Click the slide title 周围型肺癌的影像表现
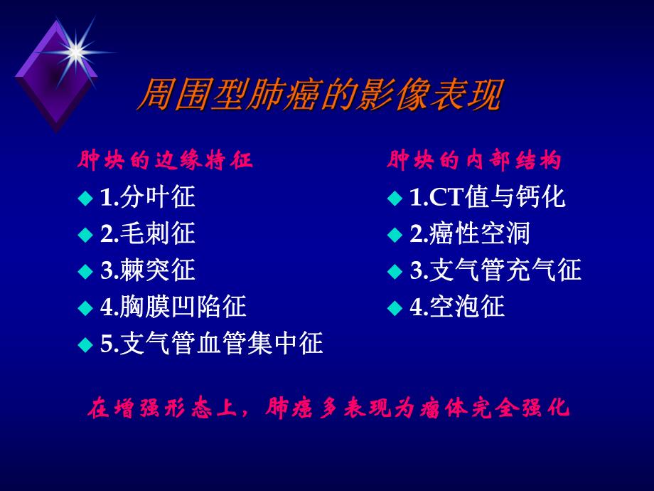(319, 95)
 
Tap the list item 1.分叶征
(147, 197)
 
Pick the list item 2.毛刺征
(147, 233)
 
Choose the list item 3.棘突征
(147, 270)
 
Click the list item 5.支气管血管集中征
(211, 344)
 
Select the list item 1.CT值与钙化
(488, 197)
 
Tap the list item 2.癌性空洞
(470, 233)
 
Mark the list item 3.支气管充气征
(495, 270)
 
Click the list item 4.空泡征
(457, 307)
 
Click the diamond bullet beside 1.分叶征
(85, 198)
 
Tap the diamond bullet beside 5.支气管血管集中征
(85, 345)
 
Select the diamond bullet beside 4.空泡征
(395, 308)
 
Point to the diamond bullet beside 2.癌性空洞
(395, 234)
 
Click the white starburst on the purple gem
(73, 50)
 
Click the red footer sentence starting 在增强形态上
(328, 409)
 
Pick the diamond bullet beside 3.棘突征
(85, 271)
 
